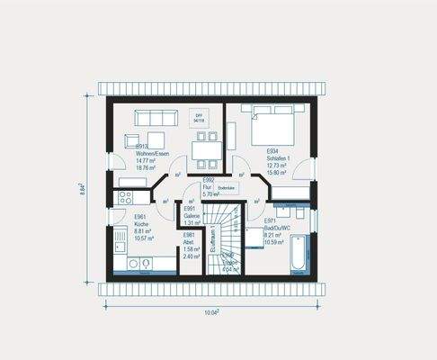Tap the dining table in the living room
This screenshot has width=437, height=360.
[207, 146]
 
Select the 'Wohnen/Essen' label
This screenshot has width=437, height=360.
[152, 153]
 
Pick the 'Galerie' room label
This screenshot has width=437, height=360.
[192, 216]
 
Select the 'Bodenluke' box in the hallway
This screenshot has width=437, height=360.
[226, 187]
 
